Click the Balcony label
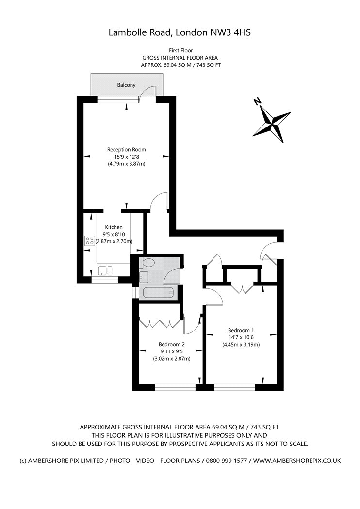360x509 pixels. click(x=127, y=85)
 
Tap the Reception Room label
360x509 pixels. click(x=127, y=150)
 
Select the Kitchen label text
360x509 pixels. click(x=114, y=227)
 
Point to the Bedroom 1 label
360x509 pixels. click(x=241, y=331)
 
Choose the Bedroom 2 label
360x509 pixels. click(x=172, y=344)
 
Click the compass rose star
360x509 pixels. click(x=272, y=124)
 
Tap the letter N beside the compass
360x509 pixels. click(x=257, y=102)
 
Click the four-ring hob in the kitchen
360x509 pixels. click(x=90, y=241)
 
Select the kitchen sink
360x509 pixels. click(x=106, y=270)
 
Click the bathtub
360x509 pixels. click(x=158, y=293)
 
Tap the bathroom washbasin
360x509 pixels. click(x=144, y=277)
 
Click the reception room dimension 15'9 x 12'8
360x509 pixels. click(x=127, y=157)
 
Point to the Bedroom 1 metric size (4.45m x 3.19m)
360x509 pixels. click(x=241, y=345)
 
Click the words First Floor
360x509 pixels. click(x=180, y=50)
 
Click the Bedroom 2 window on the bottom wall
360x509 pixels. click(x=176, y=387)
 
